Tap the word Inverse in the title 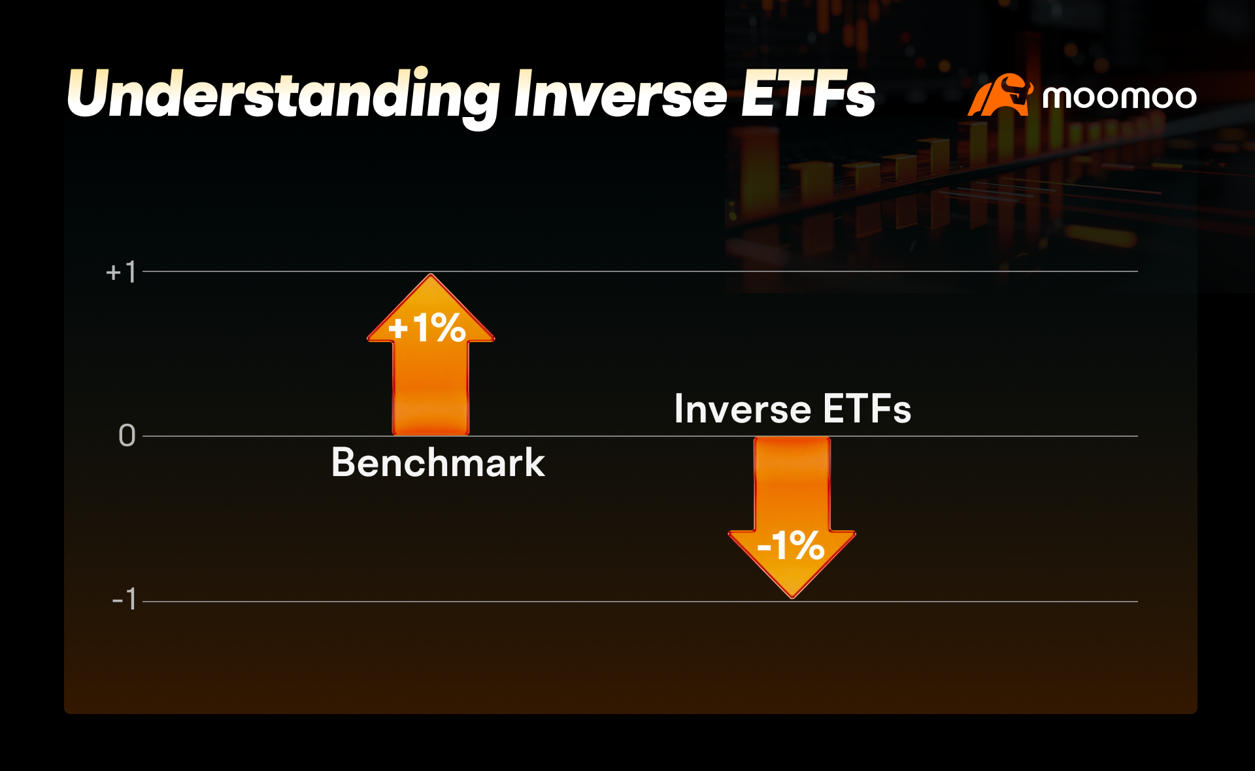click(620, 95)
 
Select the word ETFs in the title click(808, 95)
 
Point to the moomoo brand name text click(1120, 97)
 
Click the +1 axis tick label click(121, 272)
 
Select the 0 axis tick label click(127, 436)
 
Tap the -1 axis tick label click(124, 599)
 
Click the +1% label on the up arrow click(427, 328)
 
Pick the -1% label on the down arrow click(791, 545)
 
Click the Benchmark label click(438, 463)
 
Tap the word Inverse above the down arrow click(743, 409)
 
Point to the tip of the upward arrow click(431, 274)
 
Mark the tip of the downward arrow click(792, 598)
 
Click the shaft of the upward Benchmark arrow click(431, 388)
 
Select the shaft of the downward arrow click(792, 484)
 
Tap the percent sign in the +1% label click(448, 328)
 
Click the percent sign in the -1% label click(807, 545)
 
